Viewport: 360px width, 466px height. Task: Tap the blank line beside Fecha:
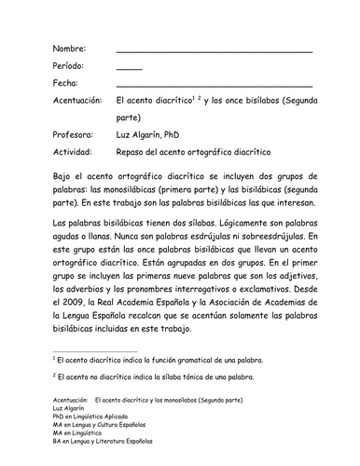click(x=214, y=90)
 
